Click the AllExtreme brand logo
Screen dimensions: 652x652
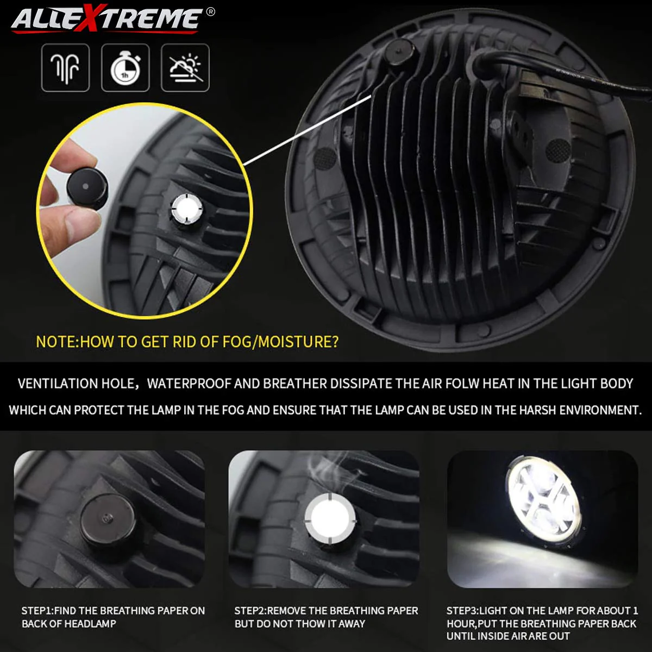[106, 20]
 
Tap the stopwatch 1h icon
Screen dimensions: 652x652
[126, 68]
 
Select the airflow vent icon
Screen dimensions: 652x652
[66, 68]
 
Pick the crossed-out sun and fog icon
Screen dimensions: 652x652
[185, 68]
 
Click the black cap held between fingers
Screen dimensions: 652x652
[86, 187]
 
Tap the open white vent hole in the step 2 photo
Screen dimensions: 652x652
[330, 519]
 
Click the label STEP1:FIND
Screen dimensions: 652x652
[49, 611]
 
